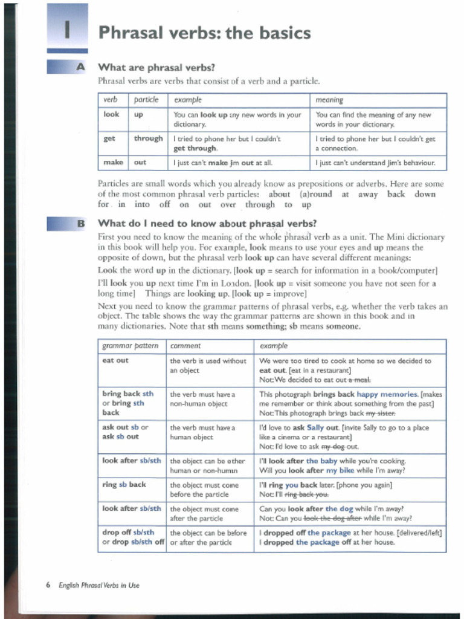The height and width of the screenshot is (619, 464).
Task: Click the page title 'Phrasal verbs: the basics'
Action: [204, 33]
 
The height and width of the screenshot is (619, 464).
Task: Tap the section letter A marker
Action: [80, 67]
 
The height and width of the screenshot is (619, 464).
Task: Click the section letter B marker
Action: [80, 223]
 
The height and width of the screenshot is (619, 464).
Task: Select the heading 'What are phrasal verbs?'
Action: [156, 67]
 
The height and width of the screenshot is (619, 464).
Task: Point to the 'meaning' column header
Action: [329, 100]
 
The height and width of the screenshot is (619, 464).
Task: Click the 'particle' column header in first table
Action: [146, 100]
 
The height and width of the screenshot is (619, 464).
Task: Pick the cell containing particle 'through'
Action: [148, 138]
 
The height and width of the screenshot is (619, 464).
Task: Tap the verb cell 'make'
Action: [112, 162]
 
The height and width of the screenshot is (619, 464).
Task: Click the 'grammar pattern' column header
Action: [130, 346]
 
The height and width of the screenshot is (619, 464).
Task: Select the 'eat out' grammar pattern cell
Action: [115, 361]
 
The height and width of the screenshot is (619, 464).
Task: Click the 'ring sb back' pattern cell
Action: [124, 485]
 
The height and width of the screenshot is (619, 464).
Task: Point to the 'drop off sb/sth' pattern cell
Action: [128, 533]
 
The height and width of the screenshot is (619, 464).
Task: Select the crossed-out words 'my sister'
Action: [381, 413]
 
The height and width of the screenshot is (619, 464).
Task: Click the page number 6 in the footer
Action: [48, 585]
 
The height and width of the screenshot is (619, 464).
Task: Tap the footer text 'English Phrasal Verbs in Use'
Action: [98, 585]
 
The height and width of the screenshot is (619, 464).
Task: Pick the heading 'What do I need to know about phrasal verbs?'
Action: [207, 223]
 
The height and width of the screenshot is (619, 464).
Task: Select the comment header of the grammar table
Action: [185, 346]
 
